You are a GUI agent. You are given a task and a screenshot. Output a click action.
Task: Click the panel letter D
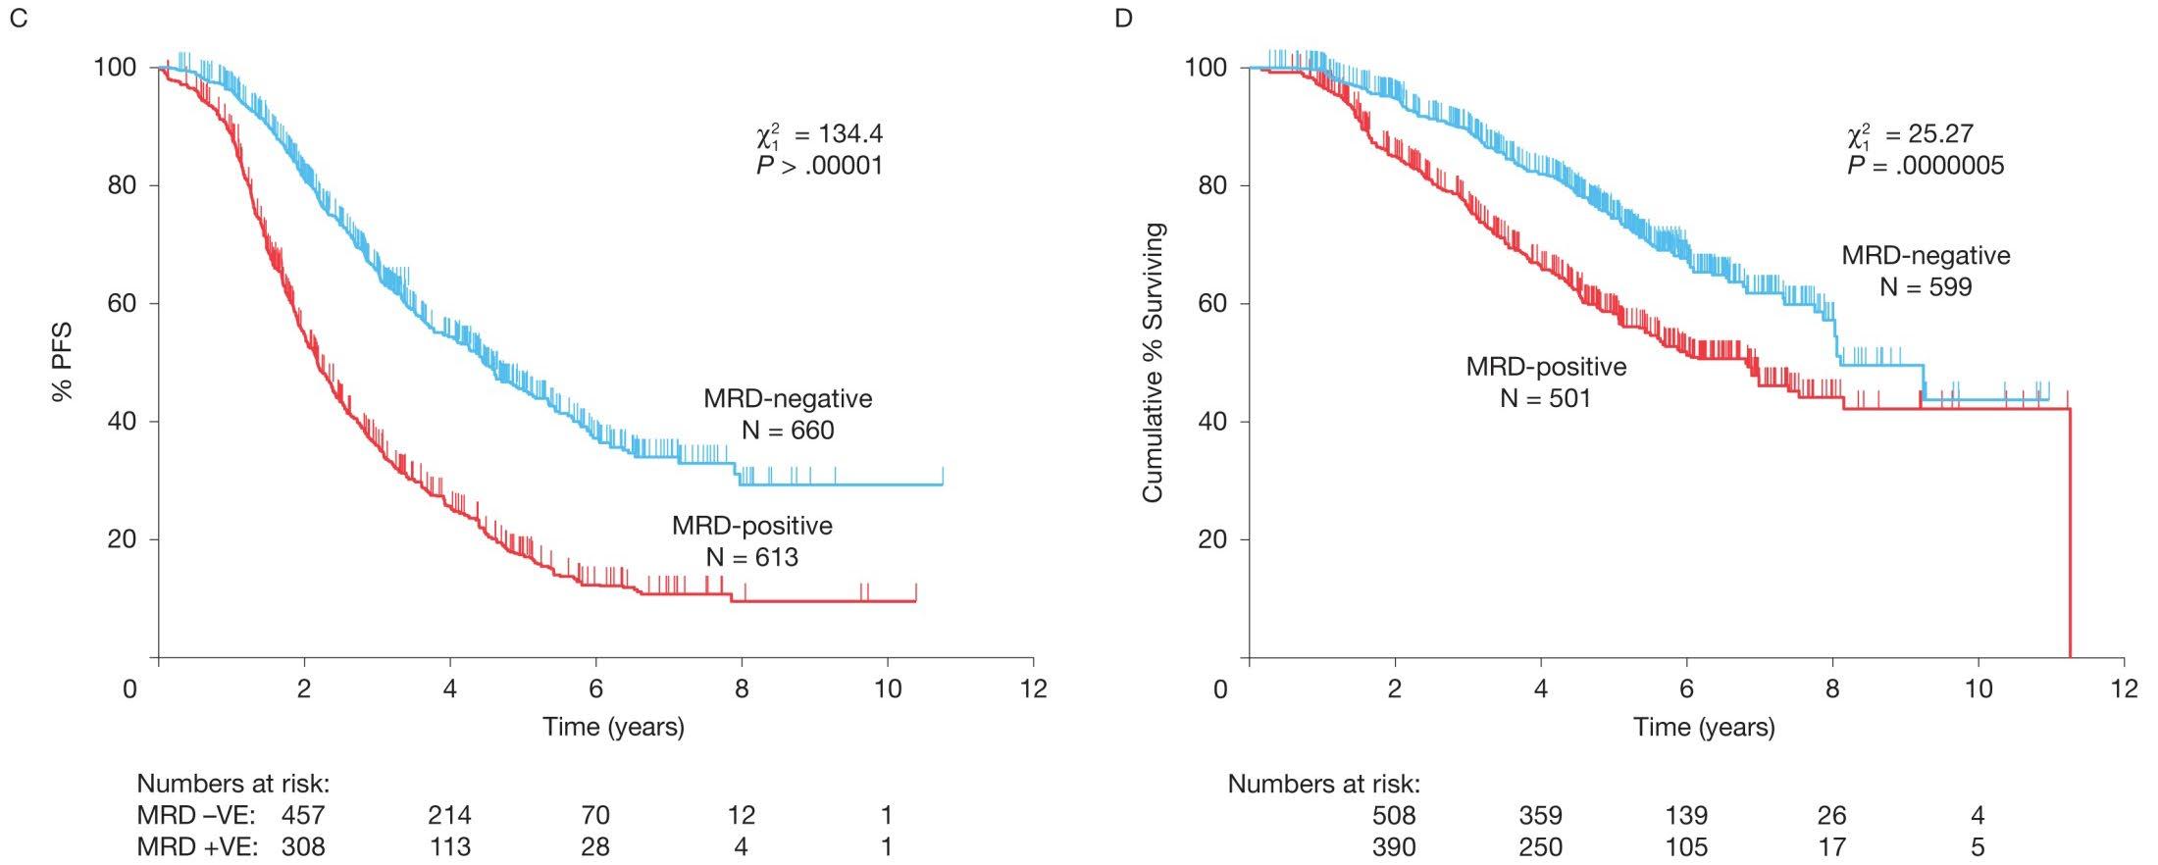coord(1124,19)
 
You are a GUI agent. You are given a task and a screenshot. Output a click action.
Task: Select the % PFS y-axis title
coord(63,363)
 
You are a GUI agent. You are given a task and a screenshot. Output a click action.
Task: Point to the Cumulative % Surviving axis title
coord(1153,363)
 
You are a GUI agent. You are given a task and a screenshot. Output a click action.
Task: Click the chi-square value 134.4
coord(845,134)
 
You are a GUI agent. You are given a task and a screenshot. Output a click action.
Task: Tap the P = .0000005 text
coord(1926,166)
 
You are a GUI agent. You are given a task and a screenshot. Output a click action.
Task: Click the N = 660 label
coord(788,431)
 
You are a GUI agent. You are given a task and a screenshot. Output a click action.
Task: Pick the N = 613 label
coord(751,558)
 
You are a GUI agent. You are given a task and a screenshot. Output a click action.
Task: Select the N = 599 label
coord(1926,286)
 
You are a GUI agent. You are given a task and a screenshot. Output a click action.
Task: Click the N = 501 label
coord(1546,397)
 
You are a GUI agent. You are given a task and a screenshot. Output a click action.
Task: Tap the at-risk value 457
coord(303,815)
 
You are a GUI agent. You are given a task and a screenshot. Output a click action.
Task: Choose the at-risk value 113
coord(449,846)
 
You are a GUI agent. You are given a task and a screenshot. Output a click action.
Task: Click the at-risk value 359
coord(1540,815)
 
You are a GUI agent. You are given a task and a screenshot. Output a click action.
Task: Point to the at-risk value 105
coord(1686,846)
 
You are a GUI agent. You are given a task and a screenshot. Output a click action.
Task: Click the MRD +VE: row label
coord(196,846)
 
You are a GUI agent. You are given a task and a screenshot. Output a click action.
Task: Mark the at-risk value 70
coord(595,815)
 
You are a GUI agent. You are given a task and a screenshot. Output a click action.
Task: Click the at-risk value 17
coord(1831,846)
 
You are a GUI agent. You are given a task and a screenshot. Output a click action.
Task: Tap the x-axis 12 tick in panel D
coord(2124,688)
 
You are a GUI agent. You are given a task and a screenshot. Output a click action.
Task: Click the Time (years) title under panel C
coord(614,727)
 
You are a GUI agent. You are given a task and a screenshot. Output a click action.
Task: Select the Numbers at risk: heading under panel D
coord(1324,784)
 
